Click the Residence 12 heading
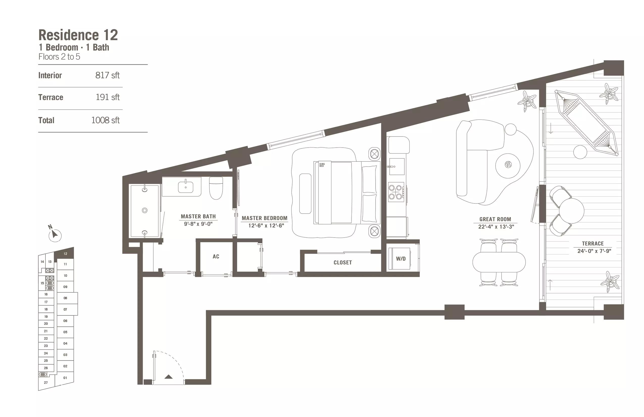tap(78, 35)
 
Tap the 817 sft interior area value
tap(107, 75)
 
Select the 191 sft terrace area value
tap(107, 97)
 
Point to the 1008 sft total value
tap(105, 120)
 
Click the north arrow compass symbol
tap(54, 233)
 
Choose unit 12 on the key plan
tap(65, 254)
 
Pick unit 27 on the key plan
tap(46, 383)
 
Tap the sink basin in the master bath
tap(186, 187)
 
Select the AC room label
tap(216, 257)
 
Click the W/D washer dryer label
tap(401, 259)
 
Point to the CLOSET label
tap(342, 262)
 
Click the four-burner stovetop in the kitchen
tap(396, 192)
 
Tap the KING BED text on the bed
tap(322, 165)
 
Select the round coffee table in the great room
tap(508, 166)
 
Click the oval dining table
tap(499, 262)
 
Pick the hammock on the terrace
tap(586, 123)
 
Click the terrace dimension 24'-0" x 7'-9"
tap(594, 251)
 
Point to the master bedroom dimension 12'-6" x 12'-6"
tap(266, 225)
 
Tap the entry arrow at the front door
tap(169, 377)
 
